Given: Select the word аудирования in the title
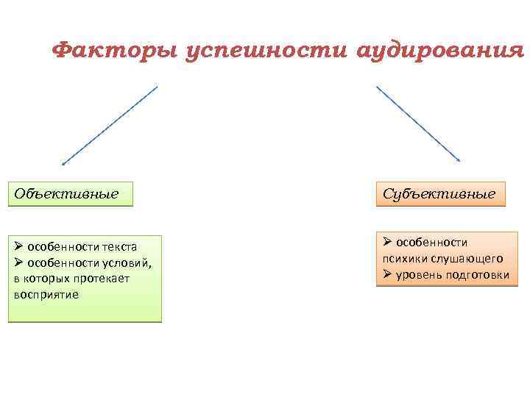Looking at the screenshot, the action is tap(439, 51).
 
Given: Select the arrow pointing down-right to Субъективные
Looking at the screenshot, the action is tap(418, 124).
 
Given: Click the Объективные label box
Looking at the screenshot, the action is tap(71, 194).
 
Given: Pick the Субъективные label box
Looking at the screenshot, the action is tap(440, 194).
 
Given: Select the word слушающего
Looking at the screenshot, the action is tap(465, 258).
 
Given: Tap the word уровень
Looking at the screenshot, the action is tap(417, 274).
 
